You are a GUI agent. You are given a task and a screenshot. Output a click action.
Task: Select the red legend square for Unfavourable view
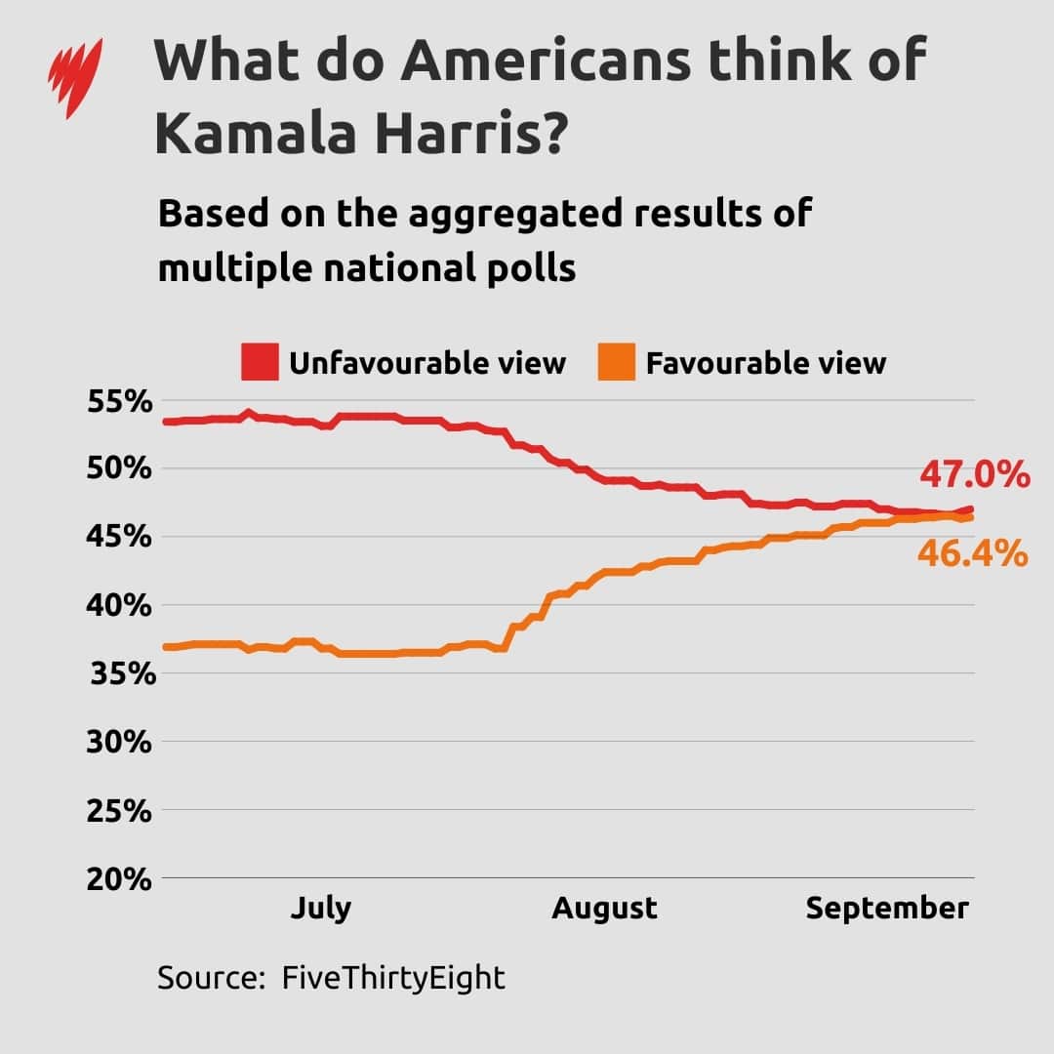[x=261, y=362]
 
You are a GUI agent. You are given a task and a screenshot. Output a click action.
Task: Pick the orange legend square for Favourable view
[x=617, y=362]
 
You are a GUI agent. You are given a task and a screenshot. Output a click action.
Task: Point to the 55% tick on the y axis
[x=121, y=400]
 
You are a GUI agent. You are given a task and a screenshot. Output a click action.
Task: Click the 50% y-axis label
[x=121, y=468]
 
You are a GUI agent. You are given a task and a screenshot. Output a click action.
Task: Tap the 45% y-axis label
[x=121, y=537]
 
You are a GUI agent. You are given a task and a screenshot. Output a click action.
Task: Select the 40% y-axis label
[x=121, y=605]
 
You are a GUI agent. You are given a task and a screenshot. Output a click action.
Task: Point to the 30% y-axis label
[x=121, y=742]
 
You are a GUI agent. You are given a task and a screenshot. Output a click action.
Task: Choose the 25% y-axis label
[x=121, y=810]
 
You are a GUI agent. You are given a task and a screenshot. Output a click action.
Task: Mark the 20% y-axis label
[x=121, y=878]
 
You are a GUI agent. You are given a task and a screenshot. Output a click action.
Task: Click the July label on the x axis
[x=320, y=909]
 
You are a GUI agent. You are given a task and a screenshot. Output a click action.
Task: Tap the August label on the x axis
[x=604, y=909]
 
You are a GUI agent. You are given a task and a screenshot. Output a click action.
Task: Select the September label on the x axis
[x=886, y=909]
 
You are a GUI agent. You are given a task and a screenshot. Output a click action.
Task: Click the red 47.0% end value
[x=974, y=475]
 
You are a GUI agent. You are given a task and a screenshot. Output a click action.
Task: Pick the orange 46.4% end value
[x=972, y=554]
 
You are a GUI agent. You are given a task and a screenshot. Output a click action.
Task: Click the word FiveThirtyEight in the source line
[x=393, y=977]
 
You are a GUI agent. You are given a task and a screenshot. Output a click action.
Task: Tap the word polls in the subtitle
[x=528, y=267]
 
